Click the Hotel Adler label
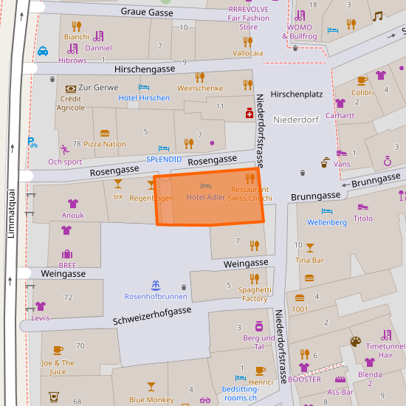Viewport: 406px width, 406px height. tap(205, 197)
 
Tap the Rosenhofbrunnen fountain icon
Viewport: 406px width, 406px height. tap(155, 285)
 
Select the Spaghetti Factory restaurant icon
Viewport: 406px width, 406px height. tap(254, 278)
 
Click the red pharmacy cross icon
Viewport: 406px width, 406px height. tap(250, 113)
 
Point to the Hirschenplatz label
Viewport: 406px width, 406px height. tap(297, 94)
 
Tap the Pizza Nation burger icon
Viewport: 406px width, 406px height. tap(104, 134)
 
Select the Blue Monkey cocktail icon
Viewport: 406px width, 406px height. tap(151, 387)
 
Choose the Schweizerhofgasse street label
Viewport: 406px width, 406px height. tap(152, 316)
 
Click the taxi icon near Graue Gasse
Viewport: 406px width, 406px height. tap(44, 51)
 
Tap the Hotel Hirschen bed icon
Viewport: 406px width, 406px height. tap(144, 87)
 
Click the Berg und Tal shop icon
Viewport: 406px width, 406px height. tap(258, 326)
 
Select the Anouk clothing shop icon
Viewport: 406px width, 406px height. tap(72, 204)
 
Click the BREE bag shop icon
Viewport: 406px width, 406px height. tap(66, 254)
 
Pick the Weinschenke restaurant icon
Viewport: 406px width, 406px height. tap(199, 77)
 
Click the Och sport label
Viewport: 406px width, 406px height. tap(65, 162)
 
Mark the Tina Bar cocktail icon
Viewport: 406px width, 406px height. tap(309, 248)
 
